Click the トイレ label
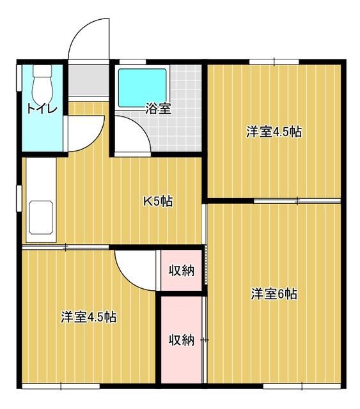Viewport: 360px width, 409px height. click(x=42, y=109)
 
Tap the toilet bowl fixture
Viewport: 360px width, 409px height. click(x=42, y=83)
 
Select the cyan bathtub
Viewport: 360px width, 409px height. click(x=143, y=88)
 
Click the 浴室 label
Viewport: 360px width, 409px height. click(x=158, y=109)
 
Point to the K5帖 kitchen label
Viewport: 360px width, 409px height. click(x=158, y=201)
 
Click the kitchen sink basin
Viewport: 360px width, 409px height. click(x=41, y=217)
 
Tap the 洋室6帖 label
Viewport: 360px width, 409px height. click(x=274, y=294)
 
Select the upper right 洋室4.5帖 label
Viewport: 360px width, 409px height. click(x=274, y=132)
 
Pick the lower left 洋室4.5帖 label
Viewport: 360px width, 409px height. click(x=89, y=317)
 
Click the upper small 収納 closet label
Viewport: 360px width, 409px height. click(x=182, y=271)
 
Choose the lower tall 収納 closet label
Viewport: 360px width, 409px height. click(x=182, y=340)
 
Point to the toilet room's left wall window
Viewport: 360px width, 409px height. click(x=19, y=78)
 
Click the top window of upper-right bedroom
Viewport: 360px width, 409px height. click(x=274, y=62)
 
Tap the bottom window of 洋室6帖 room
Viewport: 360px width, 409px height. click(x=302, y=386)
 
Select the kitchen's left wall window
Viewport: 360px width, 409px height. click(x=19, y=199)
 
